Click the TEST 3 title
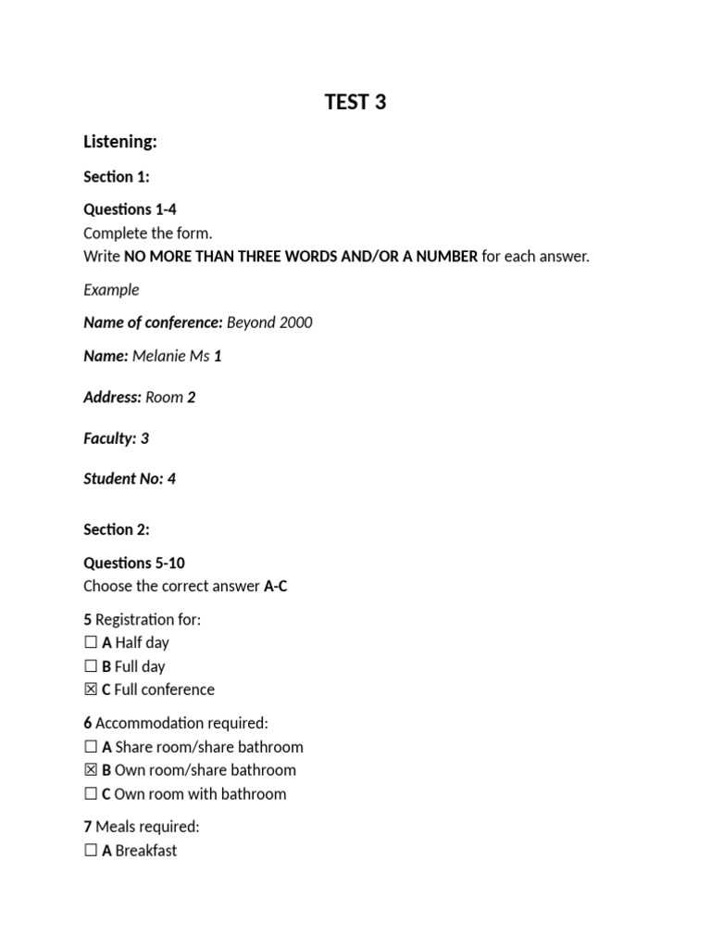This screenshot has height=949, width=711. (x=355, y=102)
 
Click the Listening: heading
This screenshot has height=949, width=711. (x=120, y=142)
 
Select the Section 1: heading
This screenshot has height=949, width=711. (x=117, y=176)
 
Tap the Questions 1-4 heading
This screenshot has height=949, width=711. (x=131, y=209)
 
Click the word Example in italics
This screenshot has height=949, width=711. (x=111, y=289)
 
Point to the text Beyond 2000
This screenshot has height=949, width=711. (x=269, y=323)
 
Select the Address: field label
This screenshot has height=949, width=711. (x=113, y=398)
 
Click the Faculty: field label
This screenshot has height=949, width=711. (x=110, y=438)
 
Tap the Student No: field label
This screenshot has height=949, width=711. (x=123, y=479)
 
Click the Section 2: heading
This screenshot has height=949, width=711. (x=117, y=529)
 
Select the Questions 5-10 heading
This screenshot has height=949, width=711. (x=134, y=563)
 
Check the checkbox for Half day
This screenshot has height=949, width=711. (x=91, y=643)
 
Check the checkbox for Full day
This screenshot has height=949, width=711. (x=91, y=666)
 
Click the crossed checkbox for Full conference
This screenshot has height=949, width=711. (x=91, y=690)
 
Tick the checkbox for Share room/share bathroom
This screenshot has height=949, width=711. (x=91, y=747)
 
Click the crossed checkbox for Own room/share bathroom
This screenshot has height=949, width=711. (x=91, y=770)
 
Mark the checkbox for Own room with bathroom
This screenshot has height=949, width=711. (x=91, y=794)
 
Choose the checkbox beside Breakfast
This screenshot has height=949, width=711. (x=91, y=851)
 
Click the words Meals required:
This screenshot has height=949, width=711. (x=147, y=827)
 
